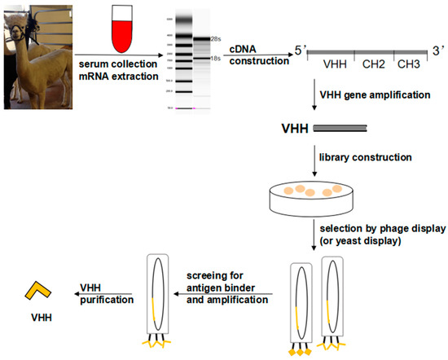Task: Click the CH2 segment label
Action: pyautogui.click(x=376, y=63)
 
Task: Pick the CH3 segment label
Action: pyautogui.click(x=411, y=63)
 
